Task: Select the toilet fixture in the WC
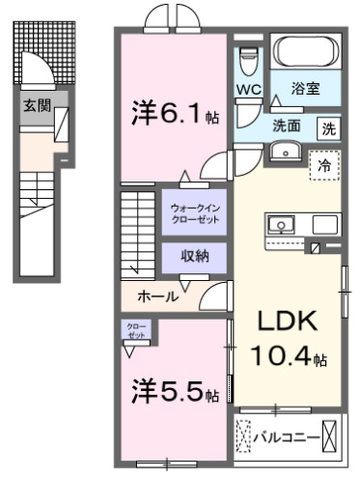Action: [249, 59]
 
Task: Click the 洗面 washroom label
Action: [285, 126]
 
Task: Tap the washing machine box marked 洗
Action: [328, 126]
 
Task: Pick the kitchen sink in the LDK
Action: [282, 226]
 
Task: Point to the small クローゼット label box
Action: [136, 330]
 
